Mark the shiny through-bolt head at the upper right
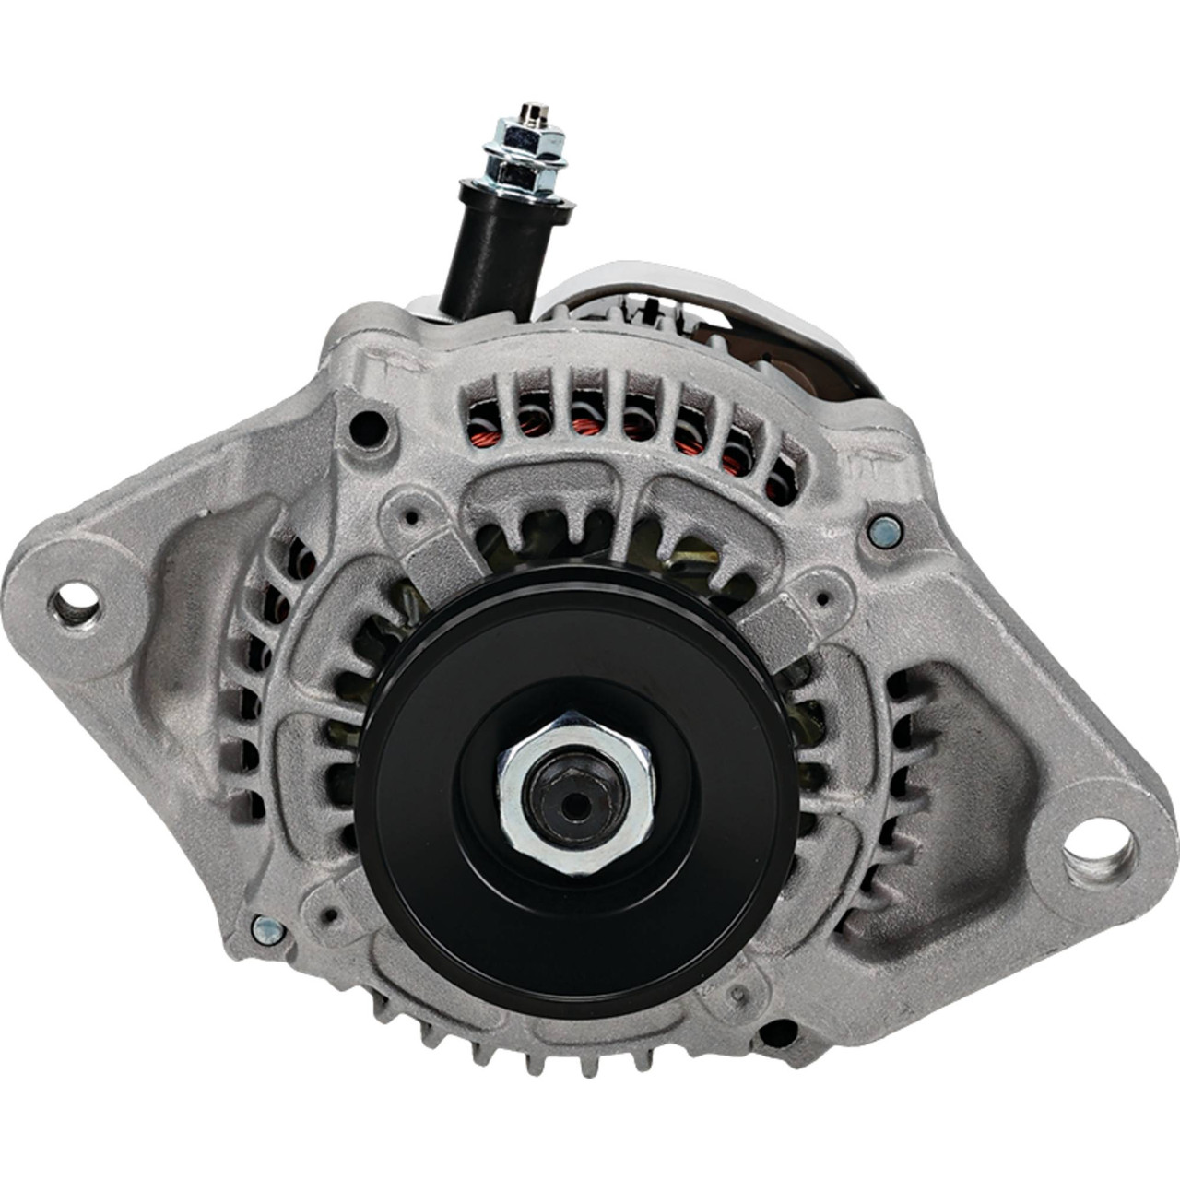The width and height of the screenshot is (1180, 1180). [x=883, y=528]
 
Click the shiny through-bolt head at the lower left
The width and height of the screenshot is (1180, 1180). [x=267, y=929]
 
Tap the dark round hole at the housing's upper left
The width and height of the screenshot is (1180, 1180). [x=369, y=425]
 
